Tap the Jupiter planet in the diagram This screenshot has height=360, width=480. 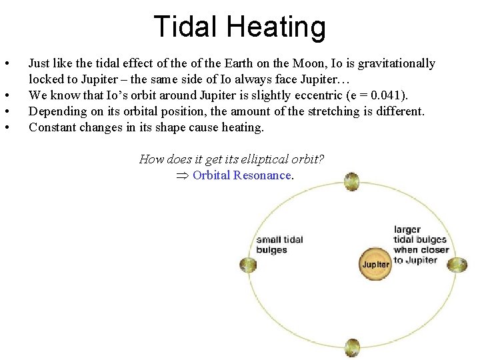click(375, 264)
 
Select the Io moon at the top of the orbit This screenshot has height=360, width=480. click(352, 181)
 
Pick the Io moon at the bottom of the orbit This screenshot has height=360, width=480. click(352, 347)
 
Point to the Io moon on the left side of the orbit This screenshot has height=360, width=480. click(248, 265)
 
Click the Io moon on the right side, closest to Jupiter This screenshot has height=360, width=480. click(457, 265)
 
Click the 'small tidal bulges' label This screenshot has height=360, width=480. click(279, 245)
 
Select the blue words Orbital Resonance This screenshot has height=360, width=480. click(242, 175)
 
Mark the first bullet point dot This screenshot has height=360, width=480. click(6, 64)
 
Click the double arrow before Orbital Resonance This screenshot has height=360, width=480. click(181, 175)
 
